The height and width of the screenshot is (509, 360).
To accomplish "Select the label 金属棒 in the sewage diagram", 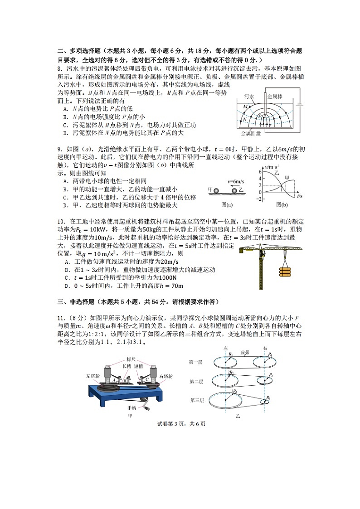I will tap(275, 96).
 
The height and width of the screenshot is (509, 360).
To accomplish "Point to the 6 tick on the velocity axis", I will tap(260, 172).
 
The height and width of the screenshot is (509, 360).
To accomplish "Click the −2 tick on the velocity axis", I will tap(259, 199).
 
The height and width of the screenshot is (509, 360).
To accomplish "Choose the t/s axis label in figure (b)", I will tap(299, 196).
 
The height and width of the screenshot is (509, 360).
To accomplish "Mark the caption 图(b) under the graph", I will tap(282, 205).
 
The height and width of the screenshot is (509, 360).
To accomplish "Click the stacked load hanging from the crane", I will tap(285, 271).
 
